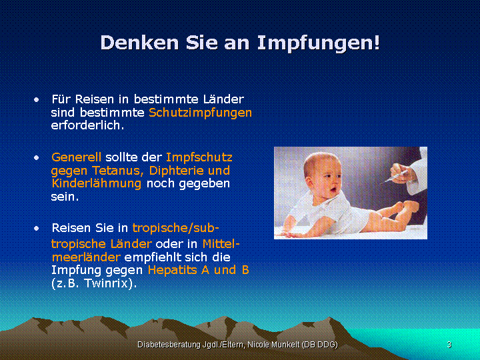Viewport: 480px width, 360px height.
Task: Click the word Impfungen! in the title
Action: click(x=319, y=43)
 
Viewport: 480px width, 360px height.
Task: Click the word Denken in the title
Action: click(x=139, y=42)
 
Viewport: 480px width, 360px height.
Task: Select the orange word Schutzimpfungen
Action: click(x=200, y=113)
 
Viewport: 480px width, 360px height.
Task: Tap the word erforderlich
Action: click(x=87, y=125)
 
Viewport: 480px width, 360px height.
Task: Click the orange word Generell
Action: click(x=76, y=157)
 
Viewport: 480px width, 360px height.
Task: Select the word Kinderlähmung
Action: click(x=97, y=184)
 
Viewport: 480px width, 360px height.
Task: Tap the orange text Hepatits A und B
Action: click(x=199, y=270)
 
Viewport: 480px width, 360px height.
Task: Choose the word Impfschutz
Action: click(x=199, y=158)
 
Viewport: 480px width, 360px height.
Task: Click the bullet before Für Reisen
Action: click(x=37, y=100)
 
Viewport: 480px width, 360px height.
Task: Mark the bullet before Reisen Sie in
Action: click(x=37, y=229)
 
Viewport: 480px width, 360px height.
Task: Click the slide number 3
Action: click(x=449, y=345)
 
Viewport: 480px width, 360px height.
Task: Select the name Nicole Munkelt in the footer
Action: click(x=273, y=345)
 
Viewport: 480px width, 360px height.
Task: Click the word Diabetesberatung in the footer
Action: click(x=169, y=345)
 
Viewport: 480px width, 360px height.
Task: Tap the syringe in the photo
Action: click(x=395, y=177)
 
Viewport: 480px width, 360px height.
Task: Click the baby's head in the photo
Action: click(x=323, y=175)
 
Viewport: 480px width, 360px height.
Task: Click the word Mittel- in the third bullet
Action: click(x=221, y=244)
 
